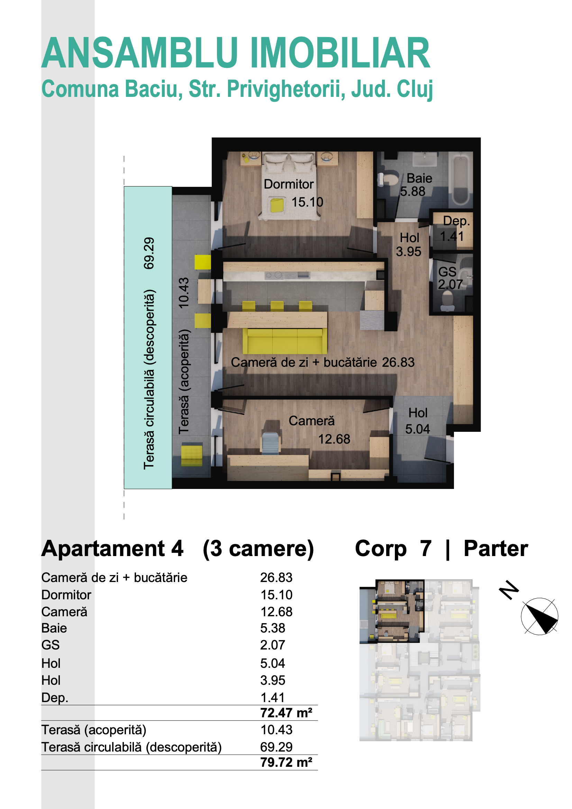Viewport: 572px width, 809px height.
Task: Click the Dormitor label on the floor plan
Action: pyautogui.click(x=288, y=184)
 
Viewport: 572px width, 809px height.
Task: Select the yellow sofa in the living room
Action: pyautogui.click(x=285, y=341)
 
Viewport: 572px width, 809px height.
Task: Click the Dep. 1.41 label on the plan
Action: pyautogui.click(x=455, y=228)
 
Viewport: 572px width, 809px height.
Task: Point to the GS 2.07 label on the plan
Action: pyautogui.click(x=450, y=278)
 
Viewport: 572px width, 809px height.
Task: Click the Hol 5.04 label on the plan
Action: pyautogui.click(x=418, y=421)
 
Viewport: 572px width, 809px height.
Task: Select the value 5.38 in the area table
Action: pyautogui.click(x=272, y=628)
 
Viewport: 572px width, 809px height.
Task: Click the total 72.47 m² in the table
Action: pyautogui.click(x=286, y=713)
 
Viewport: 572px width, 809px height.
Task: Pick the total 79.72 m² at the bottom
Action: pyautogui.click(x=286, y=762)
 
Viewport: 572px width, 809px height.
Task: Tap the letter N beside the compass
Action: pyautogui.click(x=509, y=589)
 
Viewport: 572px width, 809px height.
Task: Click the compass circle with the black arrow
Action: pyautogui.click(x=539, y=616)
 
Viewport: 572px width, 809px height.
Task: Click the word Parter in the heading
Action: pyautogui.click(x=496, y=548)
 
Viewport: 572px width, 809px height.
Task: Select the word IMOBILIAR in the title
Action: pyautogui.click(x=340, y=53)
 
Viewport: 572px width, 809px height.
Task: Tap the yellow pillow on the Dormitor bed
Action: pyautogui.click(x=277, y=205)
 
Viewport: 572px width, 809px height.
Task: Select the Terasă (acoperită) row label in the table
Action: pyautogui.click(x=94, y=730)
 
